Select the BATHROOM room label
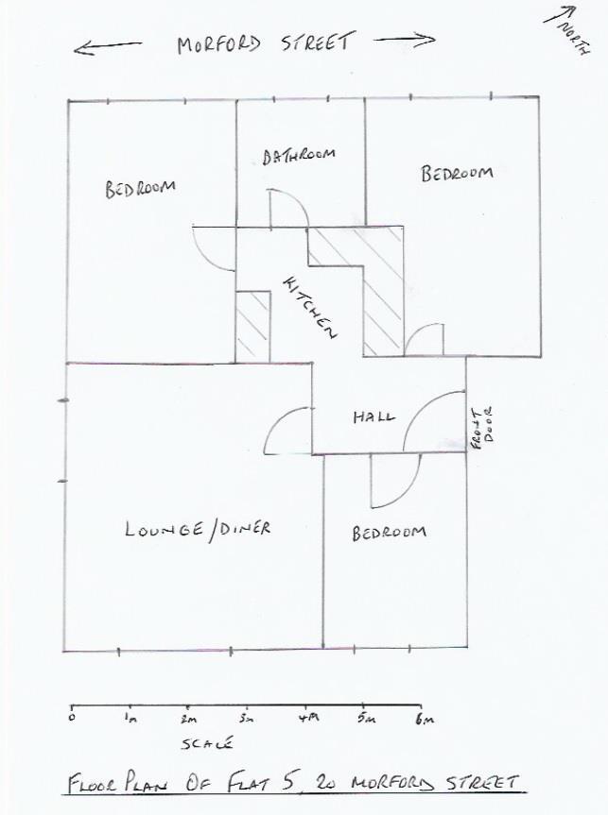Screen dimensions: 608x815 pyautogui.click(x=299, y=156)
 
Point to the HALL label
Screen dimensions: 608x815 pyautogui.click(x=374, y=416)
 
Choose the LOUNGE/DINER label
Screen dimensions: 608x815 pyautogui.click(x=198, y=529)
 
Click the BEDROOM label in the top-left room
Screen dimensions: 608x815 pyautogui.click(x=140, y=188)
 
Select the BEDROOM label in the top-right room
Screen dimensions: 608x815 pyautogui.click(x=457, y=174)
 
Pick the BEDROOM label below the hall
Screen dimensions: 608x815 pyautogui.click(x=389, y=533)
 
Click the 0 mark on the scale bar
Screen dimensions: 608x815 pyautogui.click(x=72, y=719)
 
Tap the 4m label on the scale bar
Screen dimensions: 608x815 pyautogui.click(x=308, y=719)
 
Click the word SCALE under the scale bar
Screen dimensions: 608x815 pyautogui.click(x=207, y=743)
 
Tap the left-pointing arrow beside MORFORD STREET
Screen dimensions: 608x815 pyautogui.click(x=108, y=46)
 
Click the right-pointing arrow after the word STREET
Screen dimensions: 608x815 pyautogui.click(x=405, y=41)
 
